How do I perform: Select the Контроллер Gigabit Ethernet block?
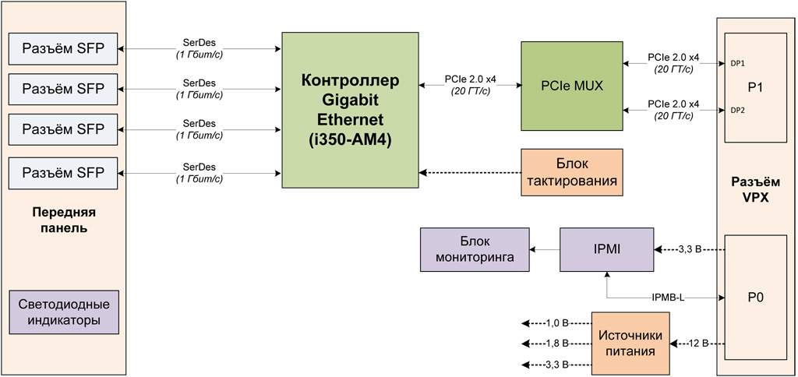[350, 110]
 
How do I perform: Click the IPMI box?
[606, 249]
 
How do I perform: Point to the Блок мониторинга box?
[474, 249]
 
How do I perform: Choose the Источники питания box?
[630, 344]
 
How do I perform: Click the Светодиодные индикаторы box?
[63, 312]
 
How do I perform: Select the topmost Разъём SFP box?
[63, 49]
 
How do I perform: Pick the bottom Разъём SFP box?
[63, 172]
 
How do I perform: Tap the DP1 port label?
[736, 64]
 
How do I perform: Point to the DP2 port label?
[736, 110]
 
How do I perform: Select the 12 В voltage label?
[697, 344]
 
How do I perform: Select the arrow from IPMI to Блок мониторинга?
[544, 249]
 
